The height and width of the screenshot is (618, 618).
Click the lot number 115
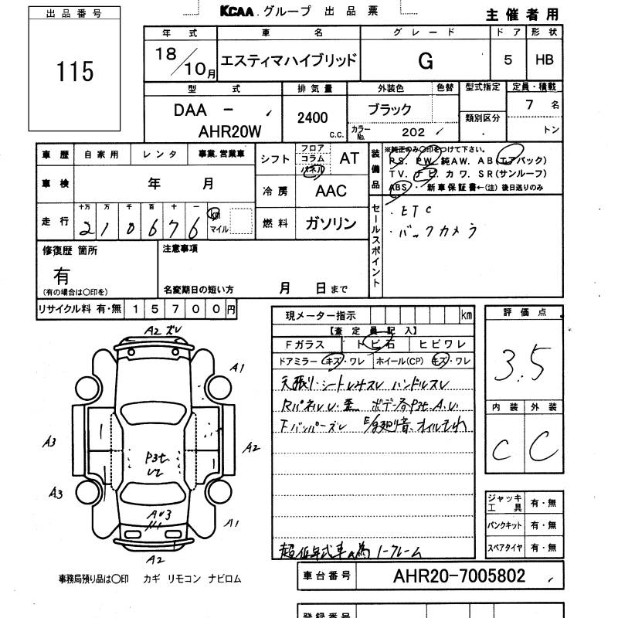pos(75,72)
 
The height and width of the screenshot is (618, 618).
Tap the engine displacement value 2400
pos(312,117)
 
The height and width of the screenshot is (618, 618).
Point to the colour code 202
pos(403,131)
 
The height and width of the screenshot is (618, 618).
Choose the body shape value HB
pos(545,61)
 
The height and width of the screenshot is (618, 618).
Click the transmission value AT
pos(349,158)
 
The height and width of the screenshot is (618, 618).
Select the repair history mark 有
pos(62,275)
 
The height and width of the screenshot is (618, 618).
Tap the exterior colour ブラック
pos(391,110)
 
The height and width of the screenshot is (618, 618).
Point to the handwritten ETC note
pos(413,209)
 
